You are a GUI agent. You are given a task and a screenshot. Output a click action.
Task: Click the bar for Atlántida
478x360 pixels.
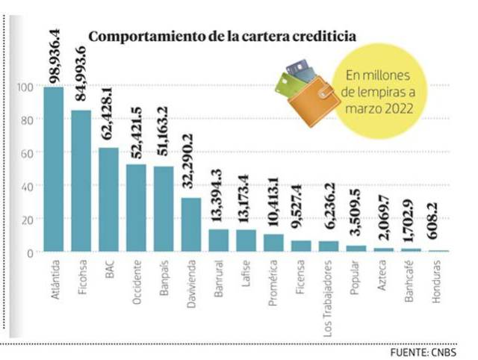coord(53,170)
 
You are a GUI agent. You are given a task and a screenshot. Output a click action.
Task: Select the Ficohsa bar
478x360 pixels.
coord(81,181)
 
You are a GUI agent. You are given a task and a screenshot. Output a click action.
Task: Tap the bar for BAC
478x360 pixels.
coord(109,199)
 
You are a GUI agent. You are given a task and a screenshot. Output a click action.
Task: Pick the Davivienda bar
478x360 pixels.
coord(191,224)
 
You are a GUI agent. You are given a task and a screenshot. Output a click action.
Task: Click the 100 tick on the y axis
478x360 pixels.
coord(24,87)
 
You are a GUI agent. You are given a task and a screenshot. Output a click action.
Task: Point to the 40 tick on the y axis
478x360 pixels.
coord(25,186)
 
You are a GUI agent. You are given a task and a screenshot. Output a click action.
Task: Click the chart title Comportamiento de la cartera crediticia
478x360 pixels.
coord(222,36)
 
